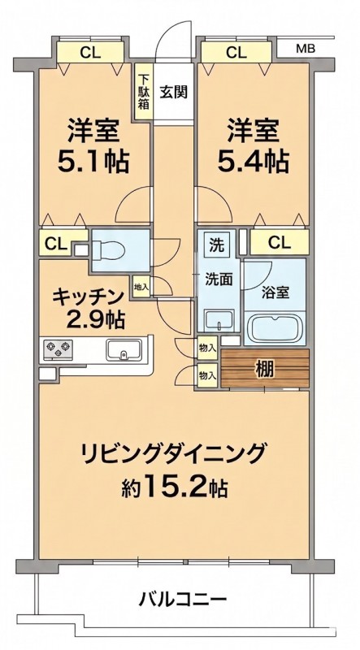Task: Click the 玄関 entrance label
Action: (173, 91)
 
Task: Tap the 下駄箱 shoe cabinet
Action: (142, 91)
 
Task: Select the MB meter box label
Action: (305, 49)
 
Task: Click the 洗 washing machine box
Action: (215, 243)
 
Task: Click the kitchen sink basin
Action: (123, 353)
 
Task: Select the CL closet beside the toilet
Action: (54, 244)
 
